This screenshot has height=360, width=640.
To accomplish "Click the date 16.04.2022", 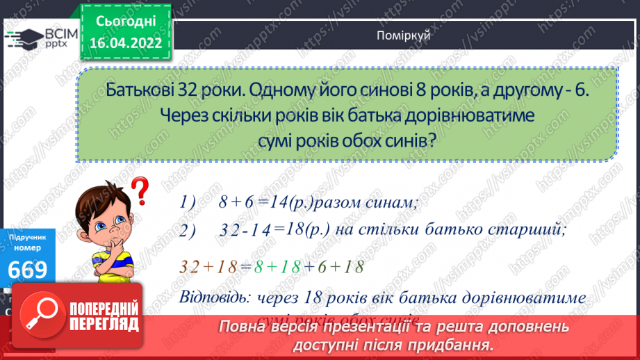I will click(x=125, y=42).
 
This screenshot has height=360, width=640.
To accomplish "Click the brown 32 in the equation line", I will click(x=190, y=265).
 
